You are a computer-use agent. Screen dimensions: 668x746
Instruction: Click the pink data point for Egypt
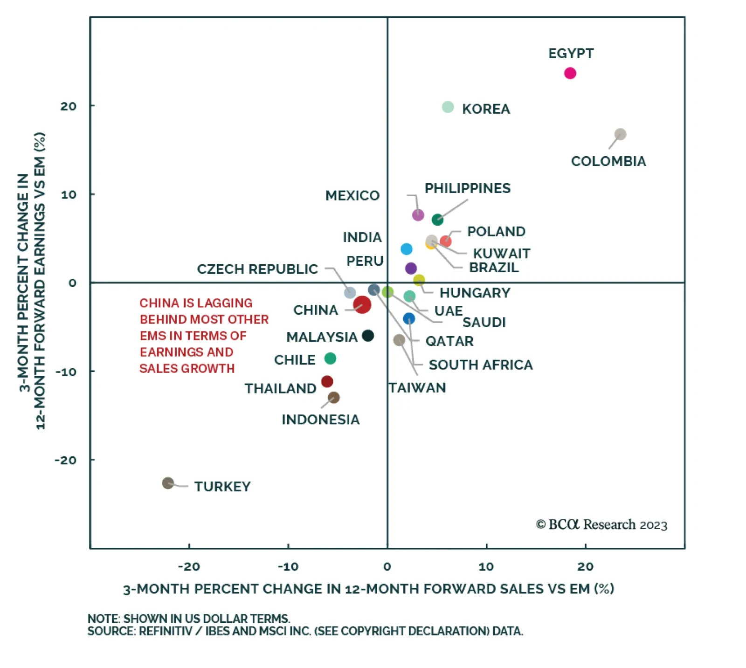click(570, 73)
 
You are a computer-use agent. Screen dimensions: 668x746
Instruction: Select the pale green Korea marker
click(448, 107)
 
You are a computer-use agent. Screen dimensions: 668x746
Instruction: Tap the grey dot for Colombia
click(620, 134)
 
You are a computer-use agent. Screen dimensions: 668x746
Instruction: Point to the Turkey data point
click(168, 483)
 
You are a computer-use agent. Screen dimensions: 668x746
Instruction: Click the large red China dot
click(362, 305)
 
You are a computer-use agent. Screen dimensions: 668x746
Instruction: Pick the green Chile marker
click(330, 358)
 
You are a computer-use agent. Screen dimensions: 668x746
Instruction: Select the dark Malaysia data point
click(368, 336)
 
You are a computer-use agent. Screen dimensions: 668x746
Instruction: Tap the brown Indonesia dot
click(334, 398)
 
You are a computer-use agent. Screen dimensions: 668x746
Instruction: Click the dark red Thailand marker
click(327, 382)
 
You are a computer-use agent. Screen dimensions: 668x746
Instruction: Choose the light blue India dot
click(407, 249)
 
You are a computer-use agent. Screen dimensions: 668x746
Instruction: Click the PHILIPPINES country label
click(467, 188)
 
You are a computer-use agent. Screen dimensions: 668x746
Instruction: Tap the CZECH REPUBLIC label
click(257, 269)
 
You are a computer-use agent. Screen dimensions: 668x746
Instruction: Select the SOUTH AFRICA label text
click(481, 365)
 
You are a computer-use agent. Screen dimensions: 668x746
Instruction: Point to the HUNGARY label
click(475, 293)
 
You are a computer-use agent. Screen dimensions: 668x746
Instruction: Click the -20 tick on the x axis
click(189, 567)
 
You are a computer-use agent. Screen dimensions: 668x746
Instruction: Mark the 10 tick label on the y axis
click(69, 195)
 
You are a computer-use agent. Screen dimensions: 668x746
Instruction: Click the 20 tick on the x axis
click(586, 567)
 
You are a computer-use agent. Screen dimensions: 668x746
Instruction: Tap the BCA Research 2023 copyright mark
click(601, 525)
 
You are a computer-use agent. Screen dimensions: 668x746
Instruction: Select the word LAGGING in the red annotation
click(225, 303)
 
